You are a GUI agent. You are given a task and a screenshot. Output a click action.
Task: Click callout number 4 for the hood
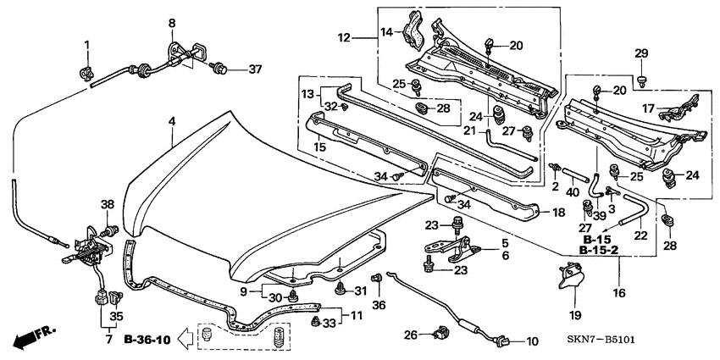pos(172,122)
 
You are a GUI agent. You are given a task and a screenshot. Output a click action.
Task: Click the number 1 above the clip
pos(86,43)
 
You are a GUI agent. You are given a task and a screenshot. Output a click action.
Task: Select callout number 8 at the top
pos(172,22)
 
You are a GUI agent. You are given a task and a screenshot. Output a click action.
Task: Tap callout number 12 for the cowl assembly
pos(342,37)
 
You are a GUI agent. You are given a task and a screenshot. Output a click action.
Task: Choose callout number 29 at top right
pos(640,53)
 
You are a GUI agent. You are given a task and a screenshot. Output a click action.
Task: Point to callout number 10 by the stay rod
pos(532,341)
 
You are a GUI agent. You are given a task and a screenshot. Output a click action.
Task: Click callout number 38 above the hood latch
pos(107,204)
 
